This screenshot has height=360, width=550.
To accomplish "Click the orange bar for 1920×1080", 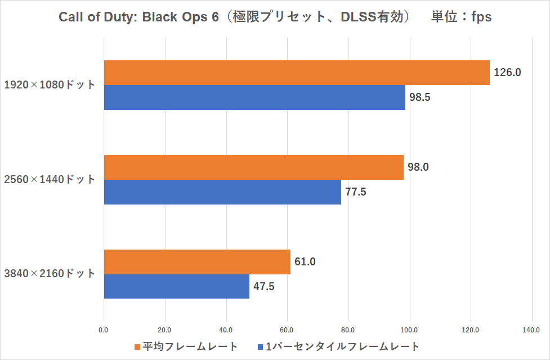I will (297, 73).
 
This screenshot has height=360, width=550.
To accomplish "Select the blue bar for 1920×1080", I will (254, 97).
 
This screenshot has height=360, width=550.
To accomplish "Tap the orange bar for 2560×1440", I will (253, 167).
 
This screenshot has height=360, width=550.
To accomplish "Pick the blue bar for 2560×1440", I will (222, 192).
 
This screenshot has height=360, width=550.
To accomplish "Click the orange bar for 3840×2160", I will (197, 262).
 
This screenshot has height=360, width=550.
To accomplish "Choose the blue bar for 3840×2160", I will (177, 286).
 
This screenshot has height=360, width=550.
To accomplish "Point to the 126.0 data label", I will (508, 72).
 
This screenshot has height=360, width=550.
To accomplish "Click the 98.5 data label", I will (420, 97).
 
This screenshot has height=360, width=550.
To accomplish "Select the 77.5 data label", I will (356, 192).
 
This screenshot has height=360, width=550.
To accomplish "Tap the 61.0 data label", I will (305, 261).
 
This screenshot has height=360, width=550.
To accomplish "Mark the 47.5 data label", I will (264, 286).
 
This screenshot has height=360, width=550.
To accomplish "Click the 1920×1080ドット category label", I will (50, 85).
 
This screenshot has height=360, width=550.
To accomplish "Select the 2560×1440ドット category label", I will (50, 180).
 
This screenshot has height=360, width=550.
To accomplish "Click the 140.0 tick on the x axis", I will (531, 330).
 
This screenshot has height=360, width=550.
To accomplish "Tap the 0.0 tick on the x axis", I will (104, 330).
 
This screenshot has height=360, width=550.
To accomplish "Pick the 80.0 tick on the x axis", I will (348, 330).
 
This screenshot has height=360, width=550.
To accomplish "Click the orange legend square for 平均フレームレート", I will (137, 346).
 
